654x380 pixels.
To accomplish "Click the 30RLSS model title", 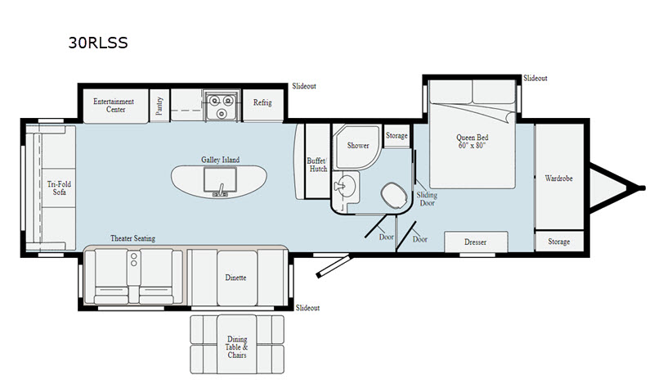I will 97,42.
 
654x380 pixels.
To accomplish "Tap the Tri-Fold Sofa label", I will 56,188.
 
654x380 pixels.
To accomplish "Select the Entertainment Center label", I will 113,105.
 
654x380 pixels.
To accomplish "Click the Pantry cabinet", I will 159,104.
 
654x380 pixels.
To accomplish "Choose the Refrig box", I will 262,104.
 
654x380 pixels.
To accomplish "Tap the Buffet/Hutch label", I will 316,164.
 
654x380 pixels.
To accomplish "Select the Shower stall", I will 358,146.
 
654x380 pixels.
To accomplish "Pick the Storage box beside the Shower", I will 396,136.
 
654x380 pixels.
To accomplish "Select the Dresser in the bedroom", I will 475,242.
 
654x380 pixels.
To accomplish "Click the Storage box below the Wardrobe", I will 559,242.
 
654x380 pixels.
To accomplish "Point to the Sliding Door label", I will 427,200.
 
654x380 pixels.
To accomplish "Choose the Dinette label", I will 235,278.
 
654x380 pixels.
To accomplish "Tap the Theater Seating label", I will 132,238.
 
